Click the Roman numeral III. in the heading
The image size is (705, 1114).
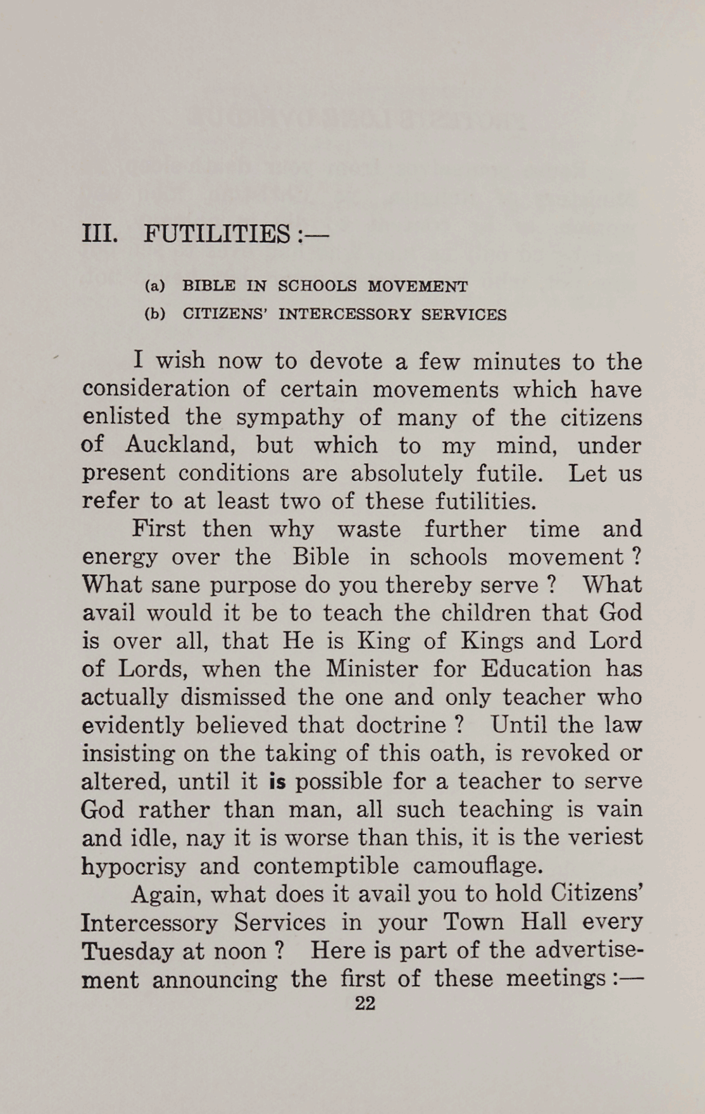point(99,235)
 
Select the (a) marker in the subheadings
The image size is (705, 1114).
point(155,286)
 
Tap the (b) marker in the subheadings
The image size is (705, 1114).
point(155,314)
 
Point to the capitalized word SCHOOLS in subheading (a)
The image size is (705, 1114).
point(318,286)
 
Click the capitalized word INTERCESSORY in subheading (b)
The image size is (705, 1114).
point(344,314)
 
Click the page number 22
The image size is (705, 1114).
point(365,1004)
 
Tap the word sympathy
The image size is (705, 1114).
point(290,418)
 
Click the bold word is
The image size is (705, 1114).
point(277,782)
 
